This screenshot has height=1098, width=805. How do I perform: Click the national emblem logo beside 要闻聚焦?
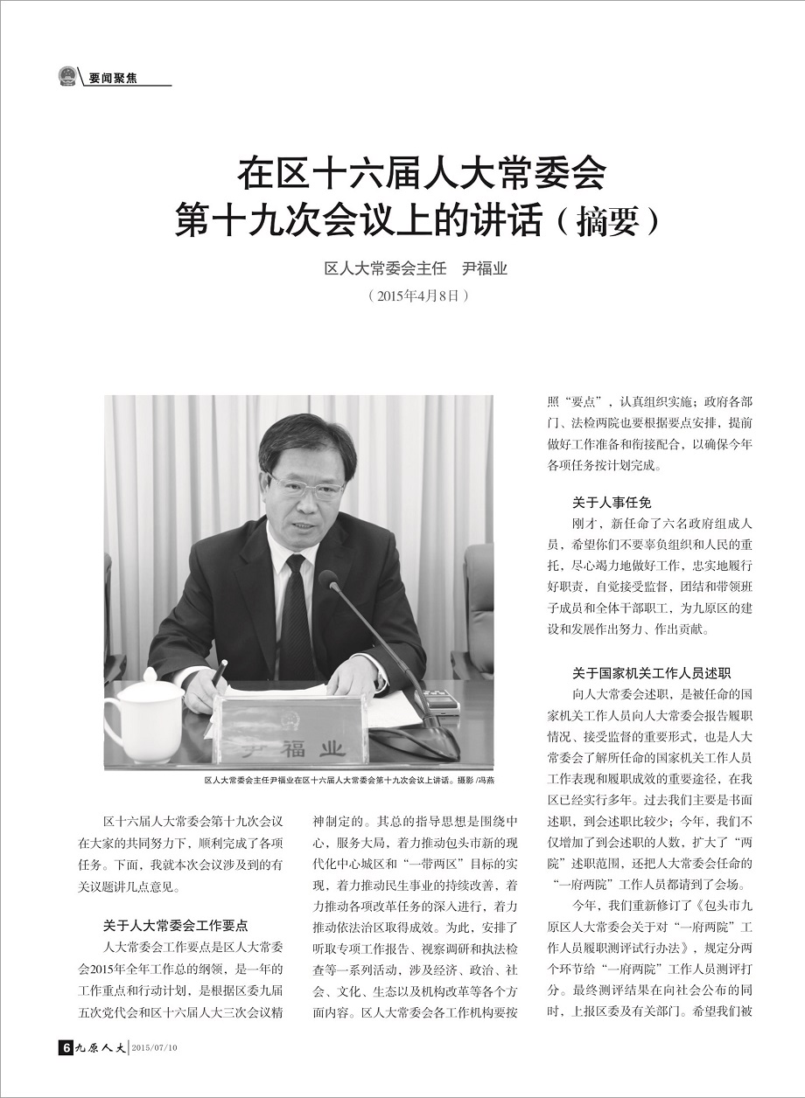tap(66, 76)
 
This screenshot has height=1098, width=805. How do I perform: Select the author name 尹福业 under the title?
tap(485, 268)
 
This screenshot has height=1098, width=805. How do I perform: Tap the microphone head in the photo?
tap(329, 580)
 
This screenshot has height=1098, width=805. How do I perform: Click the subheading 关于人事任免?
tap(612, 503)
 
